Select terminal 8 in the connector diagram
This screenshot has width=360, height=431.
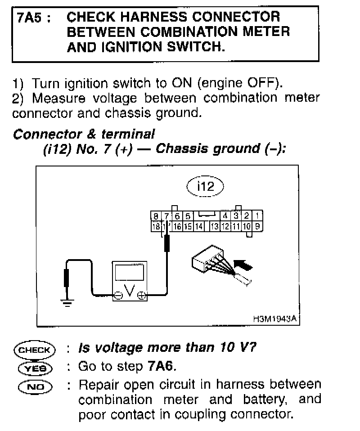tap(156, 215)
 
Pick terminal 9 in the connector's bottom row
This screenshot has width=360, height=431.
tap(258, 226)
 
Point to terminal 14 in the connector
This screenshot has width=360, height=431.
tap(199, 226)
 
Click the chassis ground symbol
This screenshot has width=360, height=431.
tap(67, 303)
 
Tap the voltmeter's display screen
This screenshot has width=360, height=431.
tap(129, 273)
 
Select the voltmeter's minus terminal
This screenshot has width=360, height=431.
tap(118, 296)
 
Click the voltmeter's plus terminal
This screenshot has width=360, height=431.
tap(142, 296)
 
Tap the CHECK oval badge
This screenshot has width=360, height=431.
tap(34, 349)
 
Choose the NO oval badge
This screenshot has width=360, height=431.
tap(34, 386)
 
